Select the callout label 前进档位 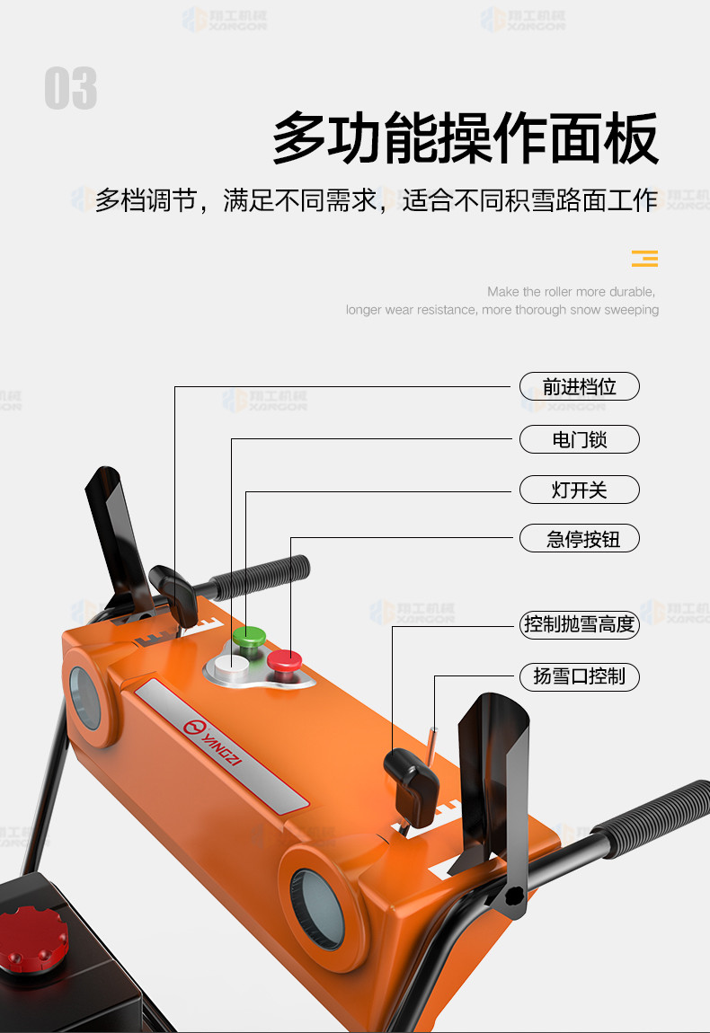[580, 386]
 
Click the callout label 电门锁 [580, 439]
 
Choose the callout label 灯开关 [580, 490]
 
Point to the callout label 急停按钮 [580, 538]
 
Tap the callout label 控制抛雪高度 [580, 624]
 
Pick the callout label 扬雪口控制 [580, 676]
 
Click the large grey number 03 [70, 88]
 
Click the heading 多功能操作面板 [466, 137]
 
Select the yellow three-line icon [644, 259]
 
